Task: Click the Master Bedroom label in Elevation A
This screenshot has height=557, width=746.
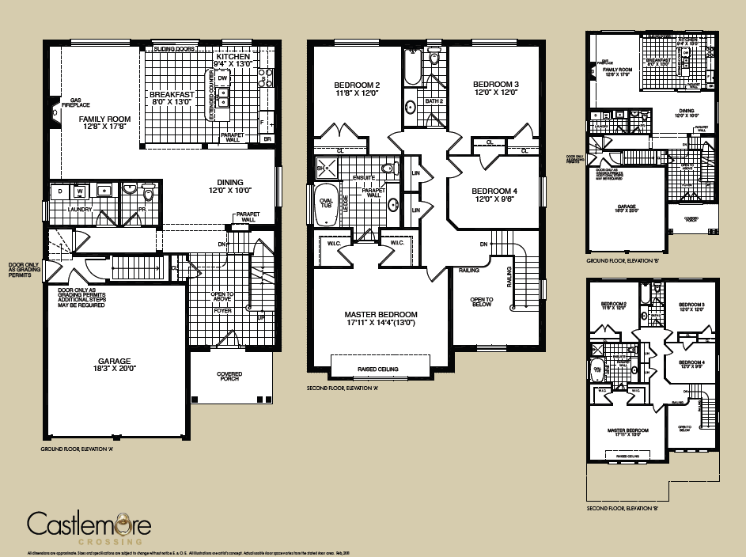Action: [x=381, y=314]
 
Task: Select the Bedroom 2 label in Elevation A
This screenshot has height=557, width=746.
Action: [x=357, y=85]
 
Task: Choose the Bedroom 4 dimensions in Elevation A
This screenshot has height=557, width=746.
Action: [x=494, y=200]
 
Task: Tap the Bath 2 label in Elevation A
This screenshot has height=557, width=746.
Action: [x=434, y=101]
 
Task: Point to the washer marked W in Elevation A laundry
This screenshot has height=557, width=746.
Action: [x=80, y=191]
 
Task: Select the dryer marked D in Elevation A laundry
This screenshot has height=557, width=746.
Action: [x=61, y=191]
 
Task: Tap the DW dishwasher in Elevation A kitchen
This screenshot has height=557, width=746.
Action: [x=223, y=78]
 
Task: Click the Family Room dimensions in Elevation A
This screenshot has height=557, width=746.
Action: [x=104, y=128]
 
